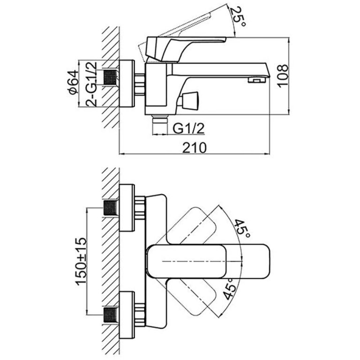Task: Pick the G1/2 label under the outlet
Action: click(189, 127)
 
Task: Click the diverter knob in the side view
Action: click(191, 100)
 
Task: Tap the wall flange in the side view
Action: click(126, 85)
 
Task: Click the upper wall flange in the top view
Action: click(126, 208)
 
